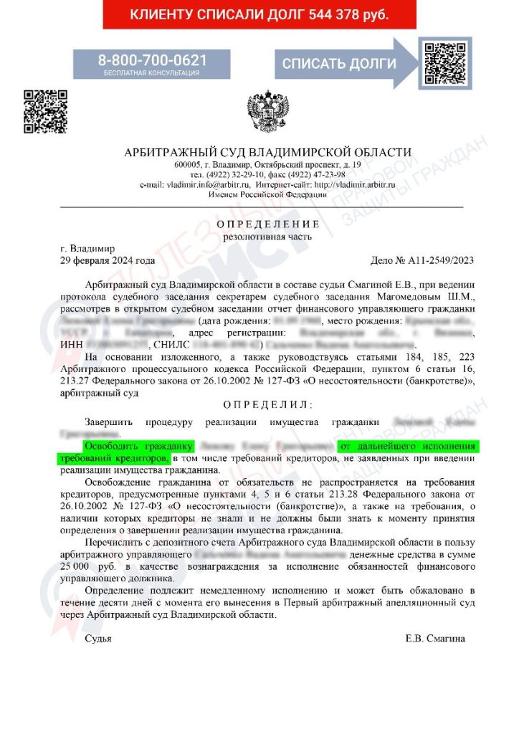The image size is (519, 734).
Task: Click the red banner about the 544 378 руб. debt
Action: [x=259, y=14]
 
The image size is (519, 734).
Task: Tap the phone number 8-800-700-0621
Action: [x=152, y=59]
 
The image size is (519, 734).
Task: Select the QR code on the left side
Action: [x=46, y=112]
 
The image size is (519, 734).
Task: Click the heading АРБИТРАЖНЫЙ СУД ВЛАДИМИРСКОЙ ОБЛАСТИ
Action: [x=268, y=152]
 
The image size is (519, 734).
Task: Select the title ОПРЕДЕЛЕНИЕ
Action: [x=268, y=224]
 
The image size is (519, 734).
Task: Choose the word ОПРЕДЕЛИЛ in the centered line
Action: [x=268, y=404]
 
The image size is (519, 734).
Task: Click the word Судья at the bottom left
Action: [x=98, y=638]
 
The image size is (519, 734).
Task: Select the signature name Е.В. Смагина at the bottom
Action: [x=434, y=638]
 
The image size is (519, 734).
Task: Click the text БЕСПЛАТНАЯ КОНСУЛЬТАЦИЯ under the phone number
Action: [x=152, y=73]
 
